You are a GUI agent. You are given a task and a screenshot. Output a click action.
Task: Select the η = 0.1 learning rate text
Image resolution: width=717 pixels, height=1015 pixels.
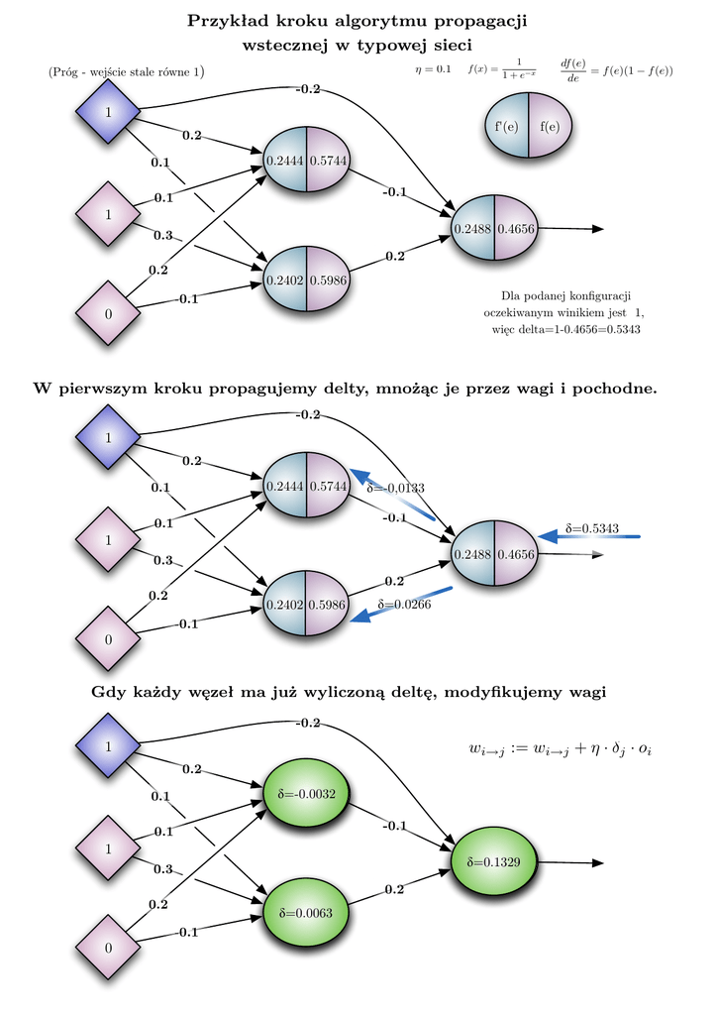coord(433,69)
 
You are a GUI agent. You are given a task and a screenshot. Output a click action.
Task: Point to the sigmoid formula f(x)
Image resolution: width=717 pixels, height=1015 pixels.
coord(501,68)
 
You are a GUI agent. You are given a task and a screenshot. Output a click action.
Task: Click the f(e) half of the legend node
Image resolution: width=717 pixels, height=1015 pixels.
coord(550,126)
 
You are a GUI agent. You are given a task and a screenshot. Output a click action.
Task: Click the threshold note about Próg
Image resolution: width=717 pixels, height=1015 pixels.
coord(126,72)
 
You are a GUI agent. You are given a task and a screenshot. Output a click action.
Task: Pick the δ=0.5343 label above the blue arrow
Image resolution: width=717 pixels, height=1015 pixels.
coord(591,528)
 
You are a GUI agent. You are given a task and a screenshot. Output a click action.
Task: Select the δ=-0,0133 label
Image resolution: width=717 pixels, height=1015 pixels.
coord(395,488)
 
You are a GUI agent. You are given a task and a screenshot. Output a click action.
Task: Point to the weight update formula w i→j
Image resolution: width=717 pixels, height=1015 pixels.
coord(560,750)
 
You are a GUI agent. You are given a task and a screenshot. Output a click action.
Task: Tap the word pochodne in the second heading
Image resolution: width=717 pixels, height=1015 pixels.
coord(616,389)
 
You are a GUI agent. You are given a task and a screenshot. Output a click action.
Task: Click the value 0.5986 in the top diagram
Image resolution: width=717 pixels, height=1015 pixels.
coord(328,281)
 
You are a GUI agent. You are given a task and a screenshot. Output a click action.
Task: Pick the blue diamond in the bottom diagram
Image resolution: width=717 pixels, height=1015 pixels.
coord(108,745)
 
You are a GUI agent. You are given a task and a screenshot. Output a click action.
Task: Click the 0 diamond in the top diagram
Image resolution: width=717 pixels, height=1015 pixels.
coord(108,313)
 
